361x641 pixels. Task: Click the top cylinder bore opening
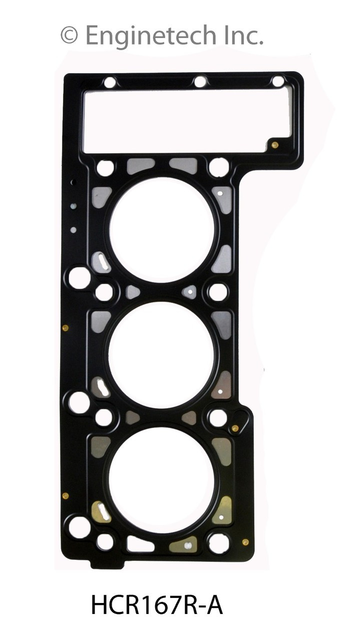coord(162,229)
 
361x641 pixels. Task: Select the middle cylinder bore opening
coord(162,355)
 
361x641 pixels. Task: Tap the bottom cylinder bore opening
coord(162,480)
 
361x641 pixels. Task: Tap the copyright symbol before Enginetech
coord(70,36)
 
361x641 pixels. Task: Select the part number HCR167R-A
coord(157,605)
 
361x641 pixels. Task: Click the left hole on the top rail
coord(110,82)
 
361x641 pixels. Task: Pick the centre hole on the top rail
coord(200,82)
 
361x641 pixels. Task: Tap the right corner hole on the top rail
coord(278,82)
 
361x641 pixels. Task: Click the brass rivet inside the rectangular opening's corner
coord(275,145)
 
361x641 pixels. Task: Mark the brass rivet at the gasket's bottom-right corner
coord(245,542)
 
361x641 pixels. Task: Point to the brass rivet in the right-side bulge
coord(235,428)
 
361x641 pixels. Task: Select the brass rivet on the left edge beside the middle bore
coord(66,328)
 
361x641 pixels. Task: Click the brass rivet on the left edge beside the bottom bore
coord(66,496)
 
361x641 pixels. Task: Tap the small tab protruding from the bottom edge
coord(107,564)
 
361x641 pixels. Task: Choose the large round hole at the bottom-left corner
coord(79,527)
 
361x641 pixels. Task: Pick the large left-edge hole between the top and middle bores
coord(79,277)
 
